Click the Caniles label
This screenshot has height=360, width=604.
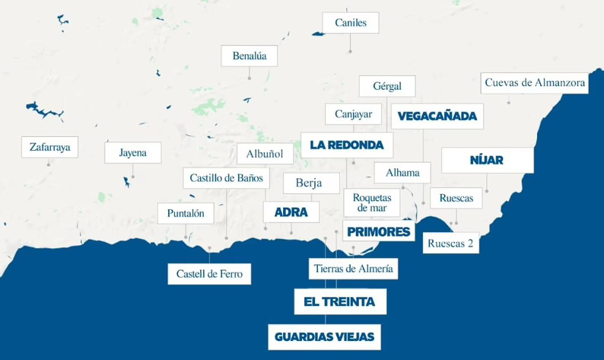(351, 23)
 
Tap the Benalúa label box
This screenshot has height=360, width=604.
(250, 56)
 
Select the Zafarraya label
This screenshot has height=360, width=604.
(49, 148)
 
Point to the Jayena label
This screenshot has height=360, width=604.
(132, 152)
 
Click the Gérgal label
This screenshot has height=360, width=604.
(387, 86)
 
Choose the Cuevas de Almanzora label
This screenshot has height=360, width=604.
(536, 82)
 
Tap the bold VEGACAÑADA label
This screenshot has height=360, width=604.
(437, 116)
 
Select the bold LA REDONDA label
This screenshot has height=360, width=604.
(346, 145)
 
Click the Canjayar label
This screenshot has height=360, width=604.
(353, 115)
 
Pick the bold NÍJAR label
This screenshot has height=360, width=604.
(487, 161)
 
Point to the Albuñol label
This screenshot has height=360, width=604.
(265, 155)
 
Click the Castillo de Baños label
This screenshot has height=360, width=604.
(226, 179)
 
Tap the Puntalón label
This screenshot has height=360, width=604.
(186, 214)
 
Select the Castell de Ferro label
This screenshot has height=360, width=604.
(209, 274)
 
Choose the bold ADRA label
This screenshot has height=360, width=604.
(291, 212)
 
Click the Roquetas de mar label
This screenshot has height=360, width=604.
(372, 203)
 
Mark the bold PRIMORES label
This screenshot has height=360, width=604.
(378, 232)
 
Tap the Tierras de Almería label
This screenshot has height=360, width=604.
(354, 268)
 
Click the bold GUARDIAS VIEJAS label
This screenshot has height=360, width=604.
(324, 336)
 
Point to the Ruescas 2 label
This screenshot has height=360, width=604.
(451, 244)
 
